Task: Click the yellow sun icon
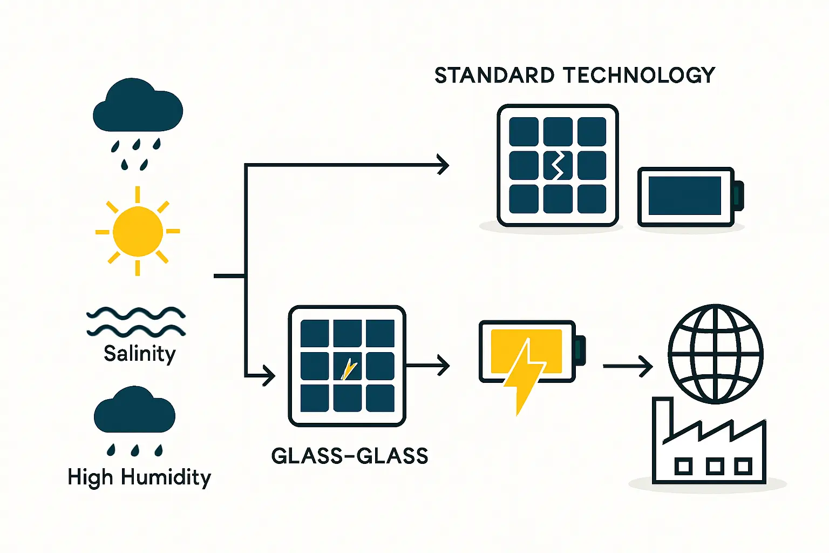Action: tap(138, 232)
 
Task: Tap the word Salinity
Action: tap(140, 354)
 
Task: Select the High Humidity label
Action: tap(139, 477)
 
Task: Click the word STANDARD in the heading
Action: tap(494, 76)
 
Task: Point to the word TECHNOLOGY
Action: tap(639, 76)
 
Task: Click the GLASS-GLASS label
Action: tap(350, 456)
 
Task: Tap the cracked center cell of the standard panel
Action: tap(558, 165)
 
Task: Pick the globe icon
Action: tap(716, 354)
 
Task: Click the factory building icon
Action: tap(708, 448)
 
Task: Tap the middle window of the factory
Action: tap(715, 466)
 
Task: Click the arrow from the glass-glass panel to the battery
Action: tap(429, 366)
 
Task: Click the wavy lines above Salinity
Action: tap(136, 321)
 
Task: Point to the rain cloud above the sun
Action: tap(138, 107)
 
